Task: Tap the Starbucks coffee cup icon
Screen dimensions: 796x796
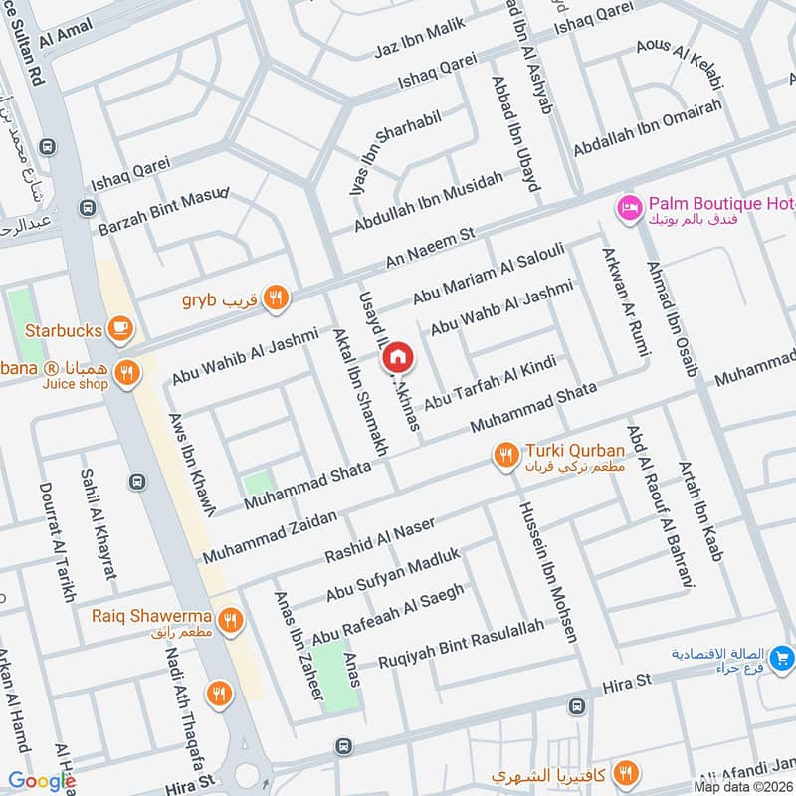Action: [120, 327]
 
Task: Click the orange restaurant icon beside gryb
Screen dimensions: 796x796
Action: [276, 297]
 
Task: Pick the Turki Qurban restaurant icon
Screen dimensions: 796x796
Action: [506, 455]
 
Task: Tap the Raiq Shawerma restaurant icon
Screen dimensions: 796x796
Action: [231, 621]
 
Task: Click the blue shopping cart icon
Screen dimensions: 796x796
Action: [781, 658]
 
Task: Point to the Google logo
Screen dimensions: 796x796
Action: [41, 781]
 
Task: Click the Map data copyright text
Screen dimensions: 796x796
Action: [743, 786]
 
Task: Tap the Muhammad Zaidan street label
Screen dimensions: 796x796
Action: [270, 538]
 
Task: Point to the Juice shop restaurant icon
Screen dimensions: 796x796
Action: [126, 374]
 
